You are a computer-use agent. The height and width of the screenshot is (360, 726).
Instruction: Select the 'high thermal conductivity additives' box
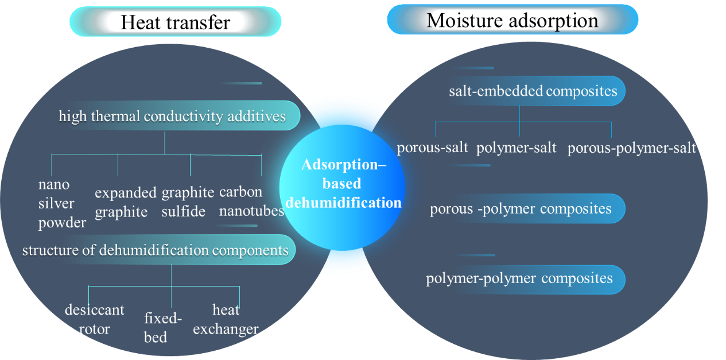click(172, 117)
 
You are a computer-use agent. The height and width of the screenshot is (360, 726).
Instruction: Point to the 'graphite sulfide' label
click(188, 202)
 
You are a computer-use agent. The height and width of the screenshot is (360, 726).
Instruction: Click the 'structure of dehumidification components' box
click(155, 250)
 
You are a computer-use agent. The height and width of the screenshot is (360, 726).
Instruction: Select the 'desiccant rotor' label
click(94, 319)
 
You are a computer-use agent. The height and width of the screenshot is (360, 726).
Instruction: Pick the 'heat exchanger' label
click(226, 319)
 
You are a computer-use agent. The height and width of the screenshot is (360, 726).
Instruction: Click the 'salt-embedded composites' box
click(533, 91)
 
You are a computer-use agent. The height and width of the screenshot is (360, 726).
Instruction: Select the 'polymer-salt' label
click(517, 148)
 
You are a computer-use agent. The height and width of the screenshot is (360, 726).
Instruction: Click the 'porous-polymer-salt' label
click(631, 148)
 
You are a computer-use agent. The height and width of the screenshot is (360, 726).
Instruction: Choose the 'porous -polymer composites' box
click(521, 208)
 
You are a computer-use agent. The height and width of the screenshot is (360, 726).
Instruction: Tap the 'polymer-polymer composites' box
click(519, 279)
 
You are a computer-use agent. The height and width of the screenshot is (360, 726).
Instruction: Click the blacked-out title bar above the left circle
click(176, 21)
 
